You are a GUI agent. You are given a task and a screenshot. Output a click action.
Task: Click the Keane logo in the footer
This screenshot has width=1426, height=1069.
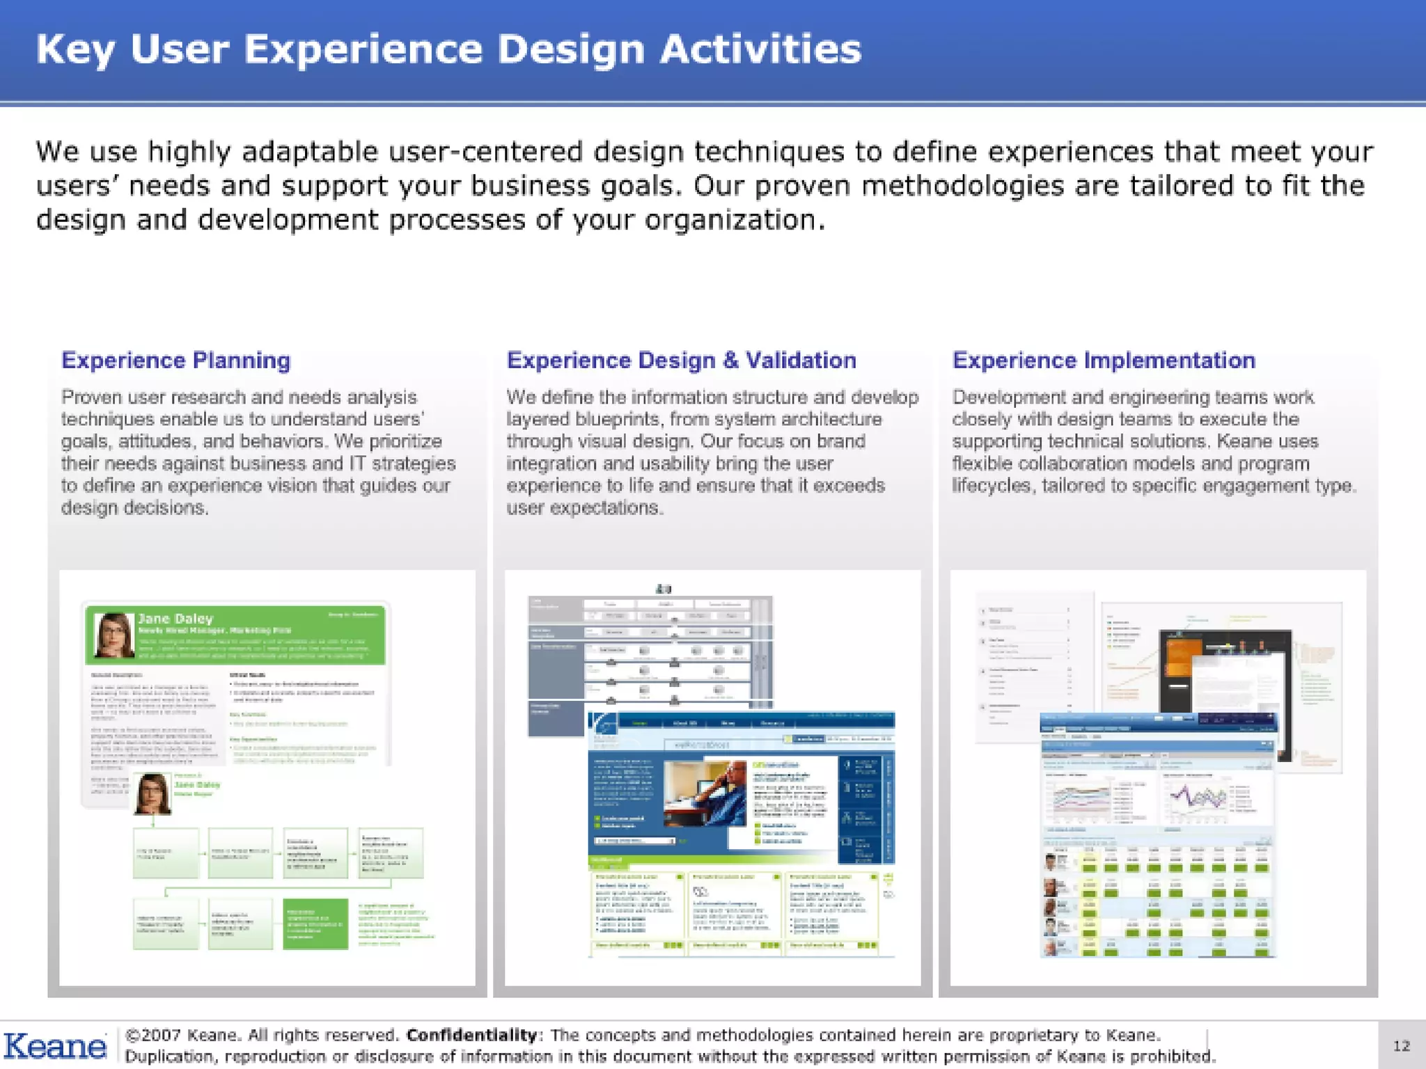coord(54,1046)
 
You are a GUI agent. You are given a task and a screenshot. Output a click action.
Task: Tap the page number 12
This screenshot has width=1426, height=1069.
coord(1401,1045)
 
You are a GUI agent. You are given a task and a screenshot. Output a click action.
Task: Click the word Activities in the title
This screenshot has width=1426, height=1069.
coord(760,49)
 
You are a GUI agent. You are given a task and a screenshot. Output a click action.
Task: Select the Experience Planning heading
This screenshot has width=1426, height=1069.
coord(175,361)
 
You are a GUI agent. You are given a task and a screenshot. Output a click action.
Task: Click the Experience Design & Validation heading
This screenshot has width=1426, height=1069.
coord(681,361)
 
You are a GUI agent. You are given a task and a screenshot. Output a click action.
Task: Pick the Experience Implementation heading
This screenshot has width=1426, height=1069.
coord(1104,361)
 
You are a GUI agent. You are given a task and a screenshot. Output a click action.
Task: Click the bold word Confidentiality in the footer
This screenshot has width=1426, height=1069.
coord(471,1035)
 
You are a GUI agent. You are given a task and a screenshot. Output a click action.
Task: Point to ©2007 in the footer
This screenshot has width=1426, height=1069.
coord(153,1035)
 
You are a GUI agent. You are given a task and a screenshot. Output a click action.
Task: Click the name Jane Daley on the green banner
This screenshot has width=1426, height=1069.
coord(175,618)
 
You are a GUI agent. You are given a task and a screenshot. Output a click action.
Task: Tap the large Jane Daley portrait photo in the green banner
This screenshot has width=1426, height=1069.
coord(113,635)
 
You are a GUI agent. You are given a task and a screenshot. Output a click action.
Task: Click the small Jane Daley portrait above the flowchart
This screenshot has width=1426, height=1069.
coord(152,793)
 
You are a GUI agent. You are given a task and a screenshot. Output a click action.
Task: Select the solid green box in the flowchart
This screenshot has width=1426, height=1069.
coord(315,924)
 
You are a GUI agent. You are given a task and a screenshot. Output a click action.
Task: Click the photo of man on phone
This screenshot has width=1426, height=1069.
coord(704,793)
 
